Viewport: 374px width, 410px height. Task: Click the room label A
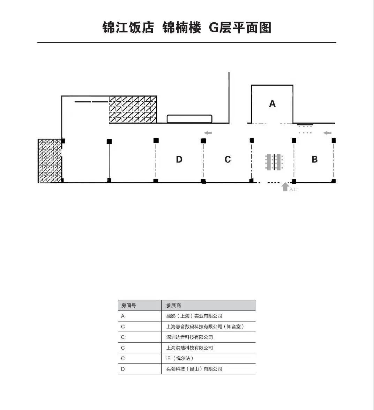(x=272, y=104)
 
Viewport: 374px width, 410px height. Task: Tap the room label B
(x=315, y=160)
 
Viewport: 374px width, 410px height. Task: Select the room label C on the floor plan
(x=228, y=160)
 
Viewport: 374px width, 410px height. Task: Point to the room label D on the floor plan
(x=179, y=160)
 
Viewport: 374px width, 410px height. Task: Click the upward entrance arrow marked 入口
(x=285, y=187)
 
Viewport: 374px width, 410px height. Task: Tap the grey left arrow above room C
(x=208, y=133)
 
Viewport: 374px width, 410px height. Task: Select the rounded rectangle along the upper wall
(x=189, y=119)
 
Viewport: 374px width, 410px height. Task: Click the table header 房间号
(x=129, y=306)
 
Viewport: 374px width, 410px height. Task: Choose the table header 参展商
(x=173, y=306)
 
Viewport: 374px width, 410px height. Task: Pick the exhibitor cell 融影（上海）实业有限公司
(x=194, y=316)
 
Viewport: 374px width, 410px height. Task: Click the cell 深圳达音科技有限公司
(x=189, y=337)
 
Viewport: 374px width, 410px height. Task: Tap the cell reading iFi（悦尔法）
(x=180, y=358)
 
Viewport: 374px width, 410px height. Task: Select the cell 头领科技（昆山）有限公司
(x=194, y=369)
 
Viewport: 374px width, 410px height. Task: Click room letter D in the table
(x=123, y=369)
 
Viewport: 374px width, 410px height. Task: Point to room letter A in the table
(x=123, y=316)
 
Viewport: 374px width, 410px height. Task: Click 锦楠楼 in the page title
(x=182, y=28)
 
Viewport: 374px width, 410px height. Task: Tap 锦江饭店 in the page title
(x=128, y=28)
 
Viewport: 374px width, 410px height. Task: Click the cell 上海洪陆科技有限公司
(x=189, y=348)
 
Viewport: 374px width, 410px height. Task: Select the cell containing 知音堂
(x=205, y=327)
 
